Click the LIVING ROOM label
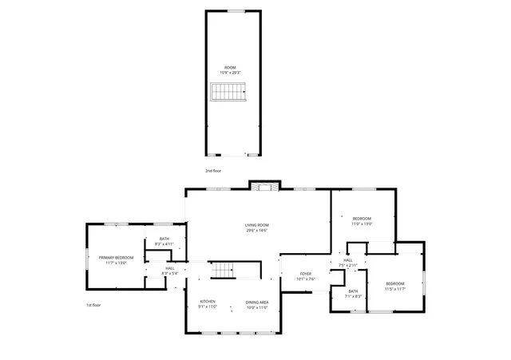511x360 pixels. click(256, 225)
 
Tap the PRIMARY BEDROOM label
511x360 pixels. click(116, 257)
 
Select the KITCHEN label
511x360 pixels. click(208, 302)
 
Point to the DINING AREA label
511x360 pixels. click(256, 302)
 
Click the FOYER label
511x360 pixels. click(306, 274)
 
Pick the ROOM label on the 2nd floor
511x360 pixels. click(230, 67)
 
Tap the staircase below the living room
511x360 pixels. click(224, 271)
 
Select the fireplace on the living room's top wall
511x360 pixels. click(264, 187)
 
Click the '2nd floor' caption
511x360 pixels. click(212, 171)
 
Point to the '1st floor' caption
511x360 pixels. click(93, 305)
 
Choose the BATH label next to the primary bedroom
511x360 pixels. click(164, 239)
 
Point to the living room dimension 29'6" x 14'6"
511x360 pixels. click(256, 231)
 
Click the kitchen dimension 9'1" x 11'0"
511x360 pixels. click(208, 307)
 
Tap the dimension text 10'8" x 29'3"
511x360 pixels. click(230, 72)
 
